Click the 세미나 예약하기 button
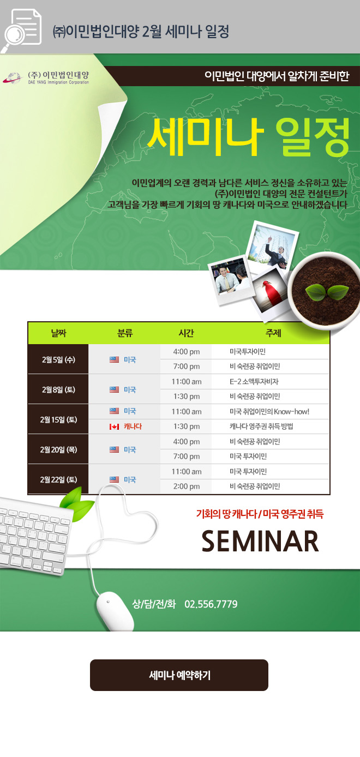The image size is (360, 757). click(x=179, y=675)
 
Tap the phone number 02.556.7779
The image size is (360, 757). click(x=211, y=604)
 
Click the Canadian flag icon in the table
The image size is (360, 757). click(x=114, y=426)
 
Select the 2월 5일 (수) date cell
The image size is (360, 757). click(x=58, y=359)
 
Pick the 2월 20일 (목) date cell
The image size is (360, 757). click(x=58, y=449)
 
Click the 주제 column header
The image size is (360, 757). click(x=273, y=333)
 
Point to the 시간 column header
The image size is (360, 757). click(x=186, y=333)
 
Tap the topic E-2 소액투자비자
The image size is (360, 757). click(x=254, y=382)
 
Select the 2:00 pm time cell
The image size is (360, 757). click(x=186, y=486)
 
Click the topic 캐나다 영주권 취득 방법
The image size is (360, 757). click(x=261, y=426)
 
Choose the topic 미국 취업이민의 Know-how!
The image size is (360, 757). click(x=269, y=411)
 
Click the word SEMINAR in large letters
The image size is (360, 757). click(x=260, y=541)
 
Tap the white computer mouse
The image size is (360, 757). click(x=115, y=611)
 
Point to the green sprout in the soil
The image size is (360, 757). click(x=327, y=292)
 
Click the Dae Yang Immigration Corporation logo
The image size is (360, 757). click(x=46, y=77)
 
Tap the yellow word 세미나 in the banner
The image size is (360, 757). click(x=205, y=136)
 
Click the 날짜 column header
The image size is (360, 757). click(x=58, y=333)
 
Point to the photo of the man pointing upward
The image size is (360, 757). click(x=273, y=247)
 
